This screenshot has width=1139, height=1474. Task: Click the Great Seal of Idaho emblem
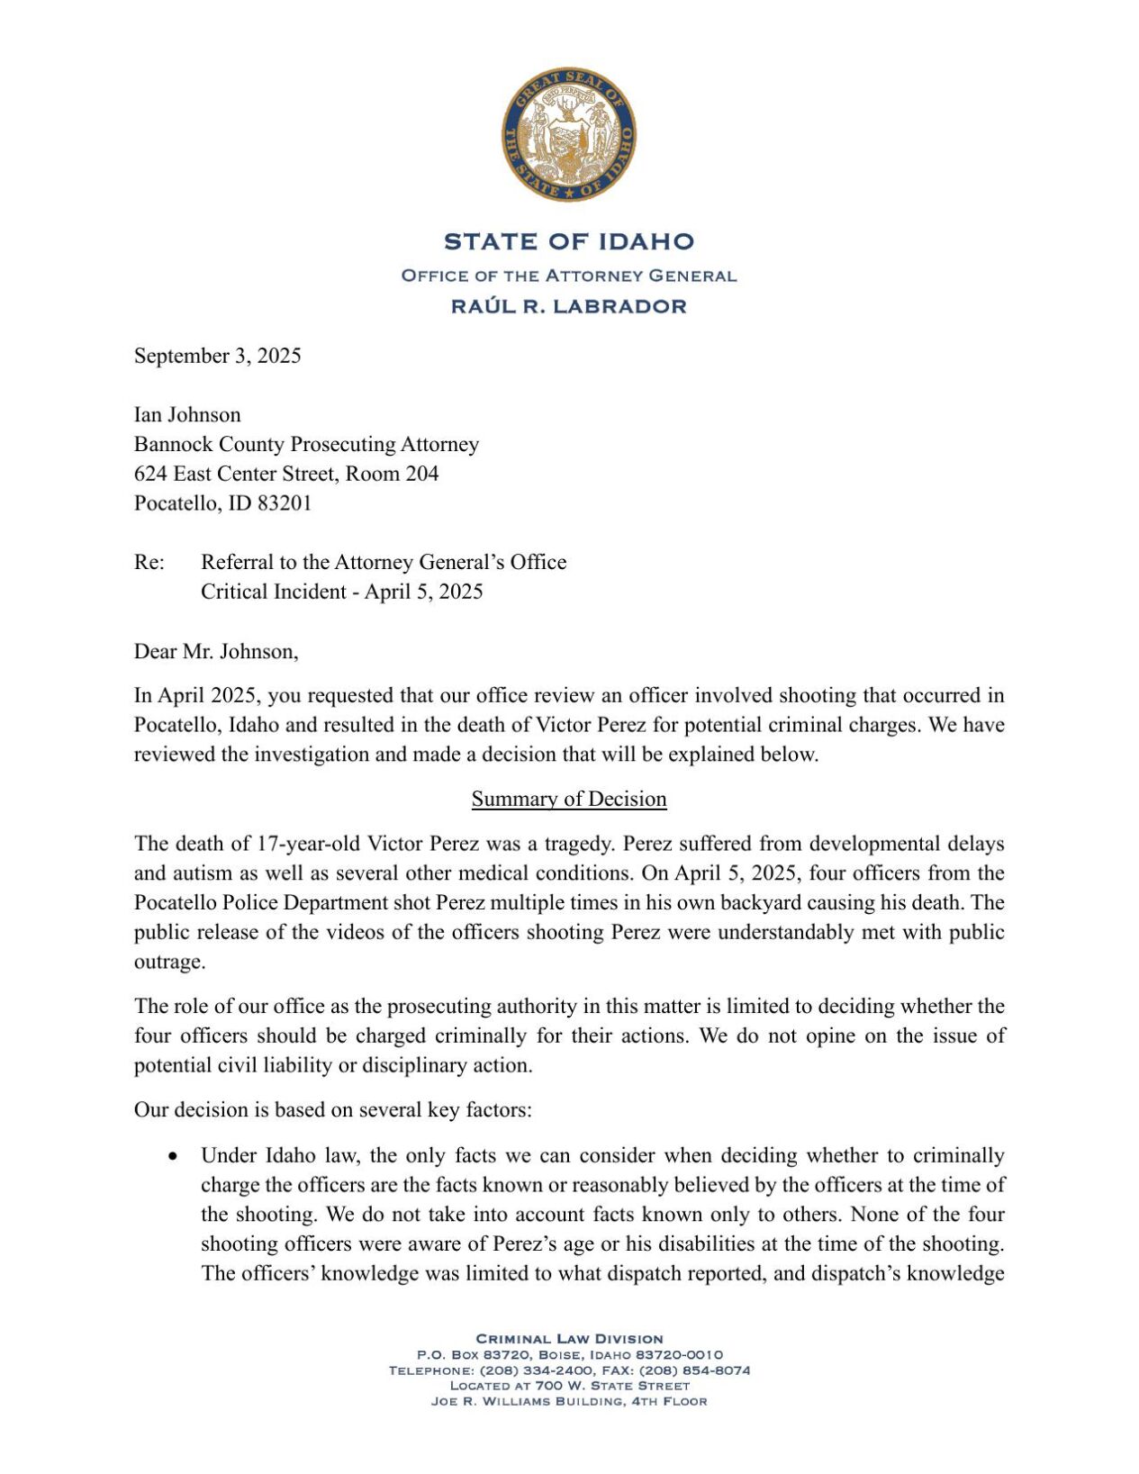[569, 135]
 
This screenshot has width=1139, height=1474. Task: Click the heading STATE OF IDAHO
[569, 241]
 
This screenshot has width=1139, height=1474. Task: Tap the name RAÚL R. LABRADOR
[569, 306]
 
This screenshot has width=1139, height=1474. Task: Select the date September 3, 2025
[218, 356]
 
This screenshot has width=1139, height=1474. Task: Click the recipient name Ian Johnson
[187, 415]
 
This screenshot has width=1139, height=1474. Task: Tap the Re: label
[149, 563]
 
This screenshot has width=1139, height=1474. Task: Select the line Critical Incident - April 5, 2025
[342, 592]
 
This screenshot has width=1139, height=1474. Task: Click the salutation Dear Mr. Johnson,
[216, 652]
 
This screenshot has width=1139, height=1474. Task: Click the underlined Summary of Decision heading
[569, 800]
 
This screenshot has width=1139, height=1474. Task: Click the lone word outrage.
[169, 963]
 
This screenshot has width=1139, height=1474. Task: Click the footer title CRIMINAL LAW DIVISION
[569, 1339]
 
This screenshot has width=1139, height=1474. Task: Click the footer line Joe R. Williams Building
[569, 1401]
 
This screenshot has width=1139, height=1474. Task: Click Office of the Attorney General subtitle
[569, 276]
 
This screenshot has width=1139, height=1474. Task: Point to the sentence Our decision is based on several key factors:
[333, 1110]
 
